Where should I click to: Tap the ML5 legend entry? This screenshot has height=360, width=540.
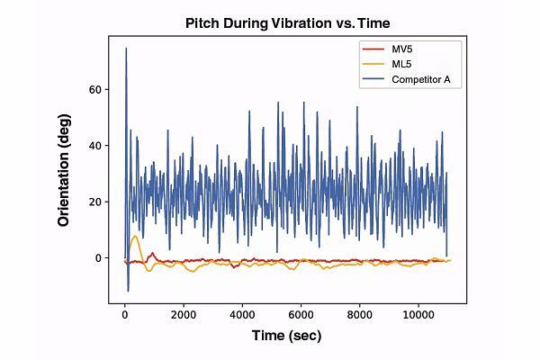403,64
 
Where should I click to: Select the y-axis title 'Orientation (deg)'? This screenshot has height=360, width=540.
65,171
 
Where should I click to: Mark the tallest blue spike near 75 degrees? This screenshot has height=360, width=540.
126,49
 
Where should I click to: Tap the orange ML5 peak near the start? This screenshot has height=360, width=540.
135,236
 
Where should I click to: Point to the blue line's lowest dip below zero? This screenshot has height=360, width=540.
128,291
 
